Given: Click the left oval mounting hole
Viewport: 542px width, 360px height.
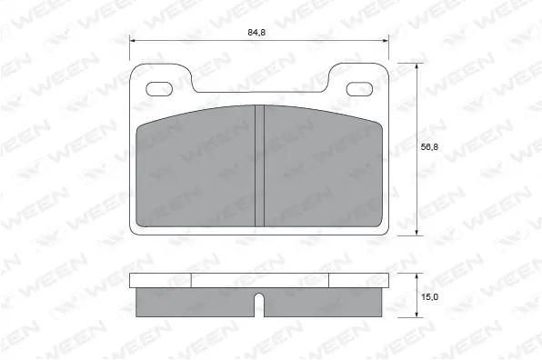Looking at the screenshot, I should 161,88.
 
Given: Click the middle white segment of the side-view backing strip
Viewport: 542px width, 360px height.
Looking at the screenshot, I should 259,281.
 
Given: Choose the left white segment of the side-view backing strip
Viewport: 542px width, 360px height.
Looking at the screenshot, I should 161,281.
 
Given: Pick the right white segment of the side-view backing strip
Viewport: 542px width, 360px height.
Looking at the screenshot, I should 357,281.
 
